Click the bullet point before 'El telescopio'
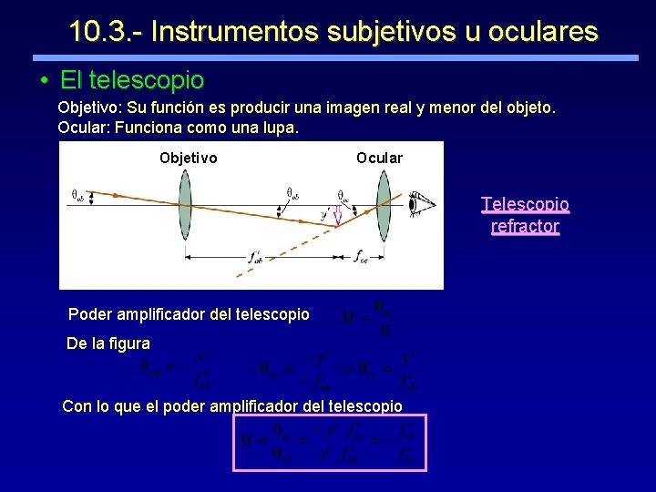coord(44,81)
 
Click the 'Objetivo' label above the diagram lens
coord(188,158)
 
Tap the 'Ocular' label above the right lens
coord(379,158)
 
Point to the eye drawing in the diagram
coord(419,203)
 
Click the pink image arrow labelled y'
coord(337,215)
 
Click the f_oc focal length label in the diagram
coord(362,255)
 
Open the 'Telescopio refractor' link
coord(525,215)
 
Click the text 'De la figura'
coord(108,344)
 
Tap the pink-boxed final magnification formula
coord(330,443)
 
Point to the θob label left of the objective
coord(79,194)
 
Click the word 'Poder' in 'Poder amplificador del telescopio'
coord(89,314)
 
